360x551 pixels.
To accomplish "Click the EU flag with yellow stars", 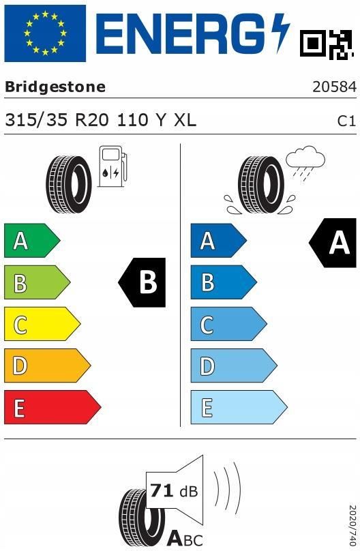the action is coord(45,33).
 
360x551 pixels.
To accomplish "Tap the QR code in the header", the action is coord(327,44).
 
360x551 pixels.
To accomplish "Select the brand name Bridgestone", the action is coord(55,87).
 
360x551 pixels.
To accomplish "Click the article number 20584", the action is coord(334,87).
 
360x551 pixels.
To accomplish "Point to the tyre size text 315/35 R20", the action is coord(57,120).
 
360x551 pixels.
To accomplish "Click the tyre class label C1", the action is coord(346,121).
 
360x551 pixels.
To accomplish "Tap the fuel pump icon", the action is coord(112,166).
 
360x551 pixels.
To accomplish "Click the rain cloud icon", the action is coord(305,163).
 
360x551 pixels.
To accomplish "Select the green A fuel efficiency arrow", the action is coord(32,241).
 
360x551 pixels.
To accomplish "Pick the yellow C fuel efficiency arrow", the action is coord(42,324).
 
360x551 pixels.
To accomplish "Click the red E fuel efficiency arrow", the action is coord(52,407).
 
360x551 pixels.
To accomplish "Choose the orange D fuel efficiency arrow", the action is coord(48,366).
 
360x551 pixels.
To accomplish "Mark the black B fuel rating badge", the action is coord(142,282).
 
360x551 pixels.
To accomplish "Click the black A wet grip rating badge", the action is coord(333,243).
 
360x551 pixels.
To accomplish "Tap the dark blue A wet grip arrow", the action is coord(218,241).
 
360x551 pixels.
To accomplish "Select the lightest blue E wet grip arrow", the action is coord(239,407).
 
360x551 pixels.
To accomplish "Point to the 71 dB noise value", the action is coord(174,490).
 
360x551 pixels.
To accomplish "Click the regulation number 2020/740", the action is coord(352,526).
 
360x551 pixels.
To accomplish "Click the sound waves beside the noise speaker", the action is coord(228,489).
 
